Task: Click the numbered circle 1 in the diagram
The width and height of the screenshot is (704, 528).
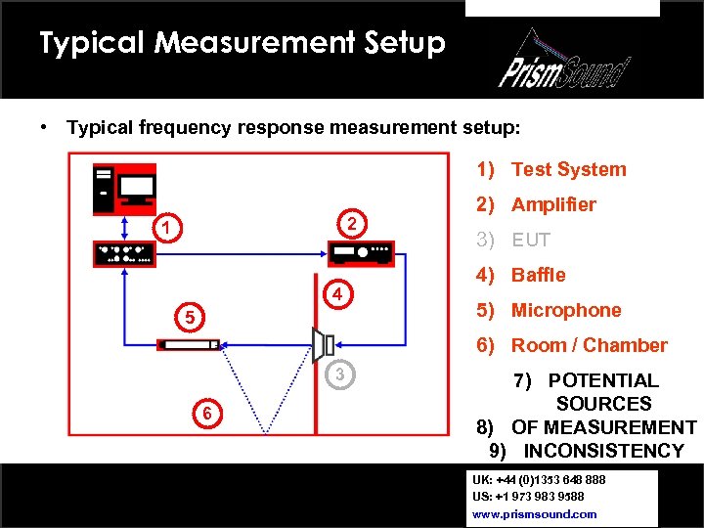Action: (x=168, y=228)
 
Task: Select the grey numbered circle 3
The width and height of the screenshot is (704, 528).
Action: (x=337, y=374)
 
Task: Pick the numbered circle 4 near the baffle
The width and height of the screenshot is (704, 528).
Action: (x=335, y=293)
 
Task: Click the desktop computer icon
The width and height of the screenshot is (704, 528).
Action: (x=124, y=189)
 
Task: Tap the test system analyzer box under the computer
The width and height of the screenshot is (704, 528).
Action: (x=124, y=253)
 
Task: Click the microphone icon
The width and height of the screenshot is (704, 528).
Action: (x=189, y=344)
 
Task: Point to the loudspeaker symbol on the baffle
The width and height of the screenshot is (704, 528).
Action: (x=324, y=343)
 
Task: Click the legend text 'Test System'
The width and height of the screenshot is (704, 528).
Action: (x=568, y=169)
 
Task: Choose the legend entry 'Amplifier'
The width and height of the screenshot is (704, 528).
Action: (x=552, y=204)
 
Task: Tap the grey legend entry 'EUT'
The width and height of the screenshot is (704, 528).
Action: (x=531, y=240)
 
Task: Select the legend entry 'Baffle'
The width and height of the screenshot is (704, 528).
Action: (x=538, y=275)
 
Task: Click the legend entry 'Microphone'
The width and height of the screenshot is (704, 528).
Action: (x=566, y=310)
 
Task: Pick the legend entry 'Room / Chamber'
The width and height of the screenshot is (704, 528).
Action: (x=589, y=345)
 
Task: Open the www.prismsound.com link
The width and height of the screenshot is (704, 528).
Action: (x=534, y=513)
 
